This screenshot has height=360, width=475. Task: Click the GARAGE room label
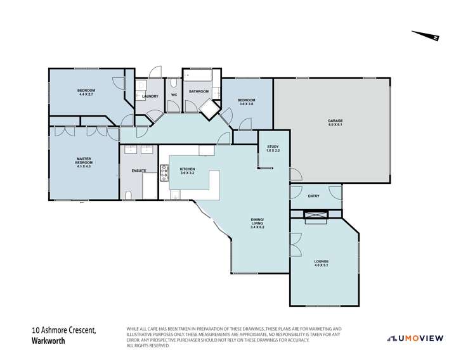click(335, 122)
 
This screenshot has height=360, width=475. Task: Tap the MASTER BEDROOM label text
click(84, 164)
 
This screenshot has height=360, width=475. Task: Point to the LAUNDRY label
click(150, 96)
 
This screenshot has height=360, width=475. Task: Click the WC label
click(174, 96)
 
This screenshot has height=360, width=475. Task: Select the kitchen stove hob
click(164, 171)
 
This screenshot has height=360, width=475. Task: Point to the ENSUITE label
click(139, 171)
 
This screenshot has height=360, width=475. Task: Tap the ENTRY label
click(313, 196)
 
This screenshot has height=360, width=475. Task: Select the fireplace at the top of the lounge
click(315, 216)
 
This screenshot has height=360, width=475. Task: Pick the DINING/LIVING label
click(256, 224)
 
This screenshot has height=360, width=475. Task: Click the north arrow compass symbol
click(425, 36)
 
